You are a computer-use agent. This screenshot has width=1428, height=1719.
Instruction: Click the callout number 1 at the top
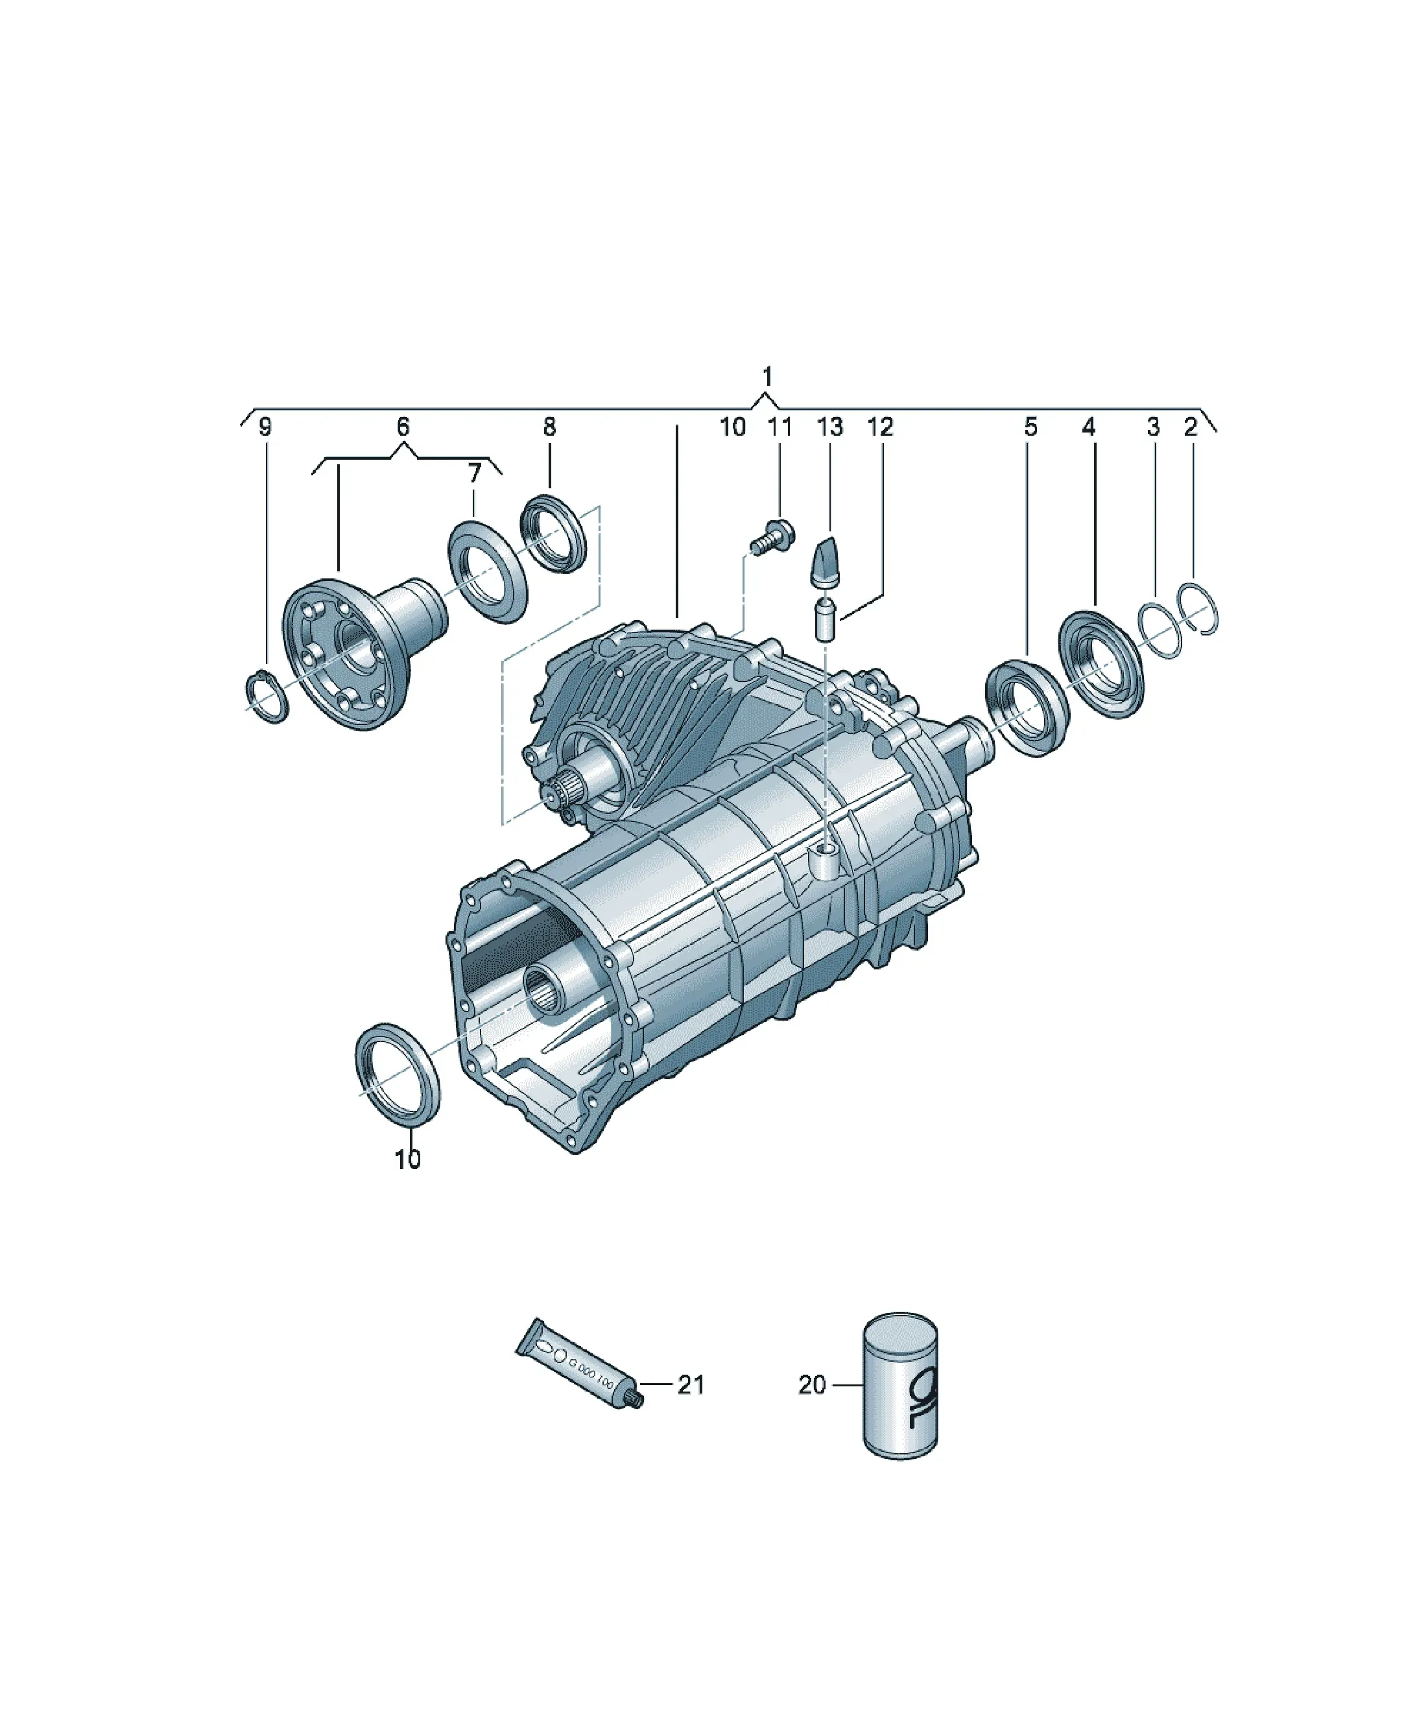[x=767, y=377]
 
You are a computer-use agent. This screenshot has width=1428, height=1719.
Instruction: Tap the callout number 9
[x=265, y=427]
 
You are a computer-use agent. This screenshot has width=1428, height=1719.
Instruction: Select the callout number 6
[x=402, y=427]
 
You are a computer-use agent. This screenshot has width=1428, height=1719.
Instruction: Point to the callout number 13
[x=829, y=427]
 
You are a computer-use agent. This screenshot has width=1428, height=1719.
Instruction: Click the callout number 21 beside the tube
[x=690, y=1384]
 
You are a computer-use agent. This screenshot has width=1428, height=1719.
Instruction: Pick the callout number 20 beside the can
[x=813, y=1385]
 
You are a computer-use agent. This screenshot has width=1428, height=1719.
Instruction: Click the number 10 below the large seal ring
[x=407, y=1159]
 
